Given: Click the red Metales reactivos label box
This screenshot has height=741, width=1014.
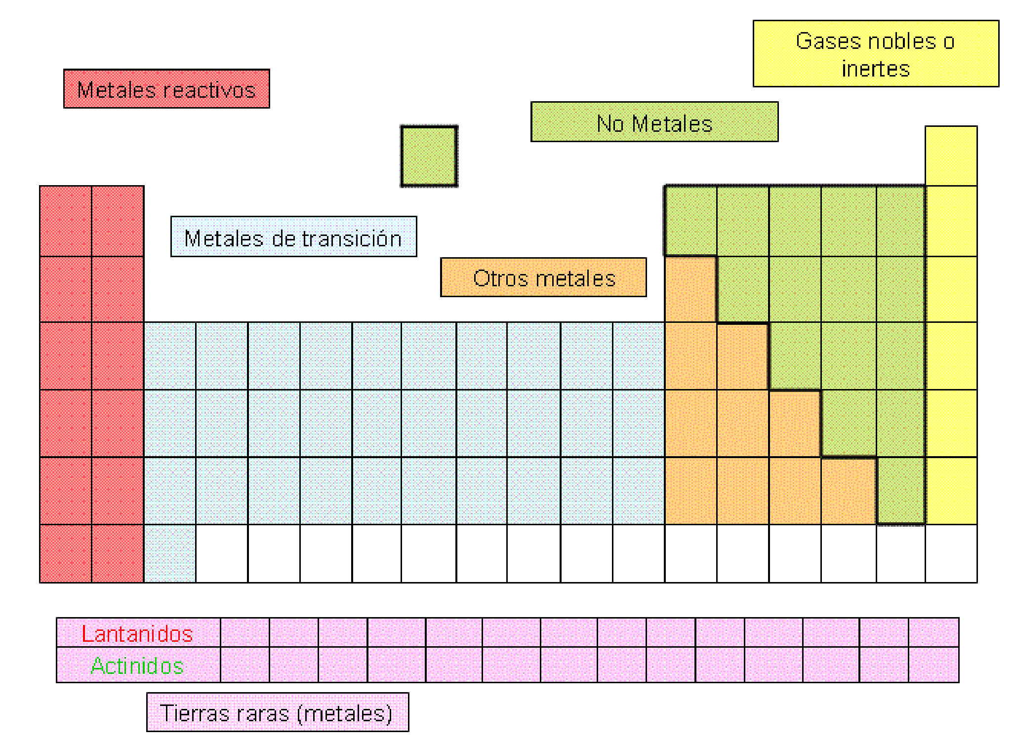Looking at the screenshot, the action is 166,89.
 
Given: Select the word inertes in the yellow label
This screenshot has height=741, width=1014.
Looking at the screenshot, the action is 876,69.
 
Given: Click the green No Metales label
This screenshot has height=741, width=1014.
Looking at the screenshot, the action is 654,122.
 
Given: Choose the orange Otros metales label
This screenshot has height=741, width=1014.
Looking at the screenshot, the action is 543,277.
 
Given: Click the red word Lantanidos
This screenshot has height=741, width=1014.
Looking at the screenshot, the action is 137,634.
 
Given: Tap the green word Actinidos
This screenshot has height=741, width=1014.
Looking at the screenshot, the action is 137,665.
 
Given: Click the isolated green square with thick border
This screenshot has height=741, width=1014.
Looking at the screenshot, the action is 429,156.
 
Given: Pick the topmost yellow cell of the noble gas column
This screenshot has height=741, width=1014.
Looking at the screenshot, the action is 951,156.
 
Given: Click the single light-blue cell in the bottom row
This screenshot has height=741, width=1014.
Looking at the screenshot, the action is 170,553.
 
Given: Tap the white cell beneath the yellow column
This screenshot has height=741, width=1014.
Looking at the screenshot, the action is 951,553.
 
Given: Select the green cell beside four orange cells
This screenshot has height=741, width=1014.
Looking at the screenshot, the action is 901,491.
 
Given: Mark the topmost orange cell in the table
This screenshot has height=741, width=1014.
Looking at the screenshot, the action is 690,289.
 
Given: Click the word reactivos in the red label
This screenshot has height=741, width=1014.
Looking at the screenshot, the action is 209,90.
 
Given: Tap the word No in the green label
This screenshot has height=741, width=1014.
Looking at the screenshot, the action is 610,123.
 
